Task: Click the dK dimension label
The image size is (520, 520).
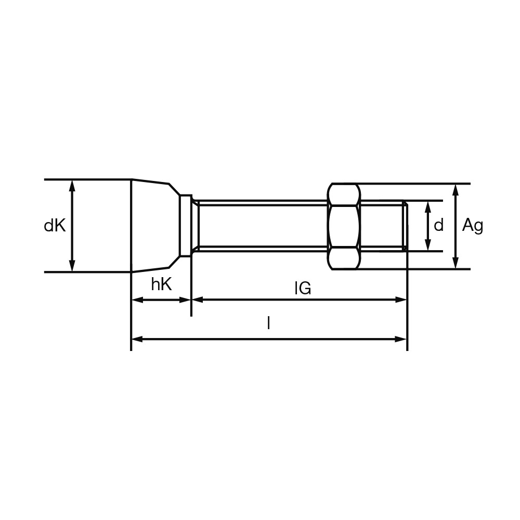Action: (x=55, y=226)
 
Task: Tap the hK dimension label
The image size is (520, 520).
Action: (x=162, y=284)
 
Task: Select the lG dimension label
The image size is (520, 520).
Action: (x=303, y=288)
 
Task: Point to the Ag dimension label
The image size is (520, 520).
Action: (x=473, y=226)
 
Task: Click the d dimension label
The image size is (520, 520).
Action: (x=438, y=226)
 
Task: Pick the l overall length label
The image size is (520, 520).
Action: (x=269, y=323)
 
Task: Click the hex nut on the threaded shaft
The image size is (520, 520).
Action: (x=344, y=226)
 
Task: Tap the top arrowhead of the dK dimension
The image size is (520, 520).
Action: (x=72, y=186)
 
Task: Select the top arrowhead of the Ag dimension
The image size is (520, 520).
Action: (x=456, y=189)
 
